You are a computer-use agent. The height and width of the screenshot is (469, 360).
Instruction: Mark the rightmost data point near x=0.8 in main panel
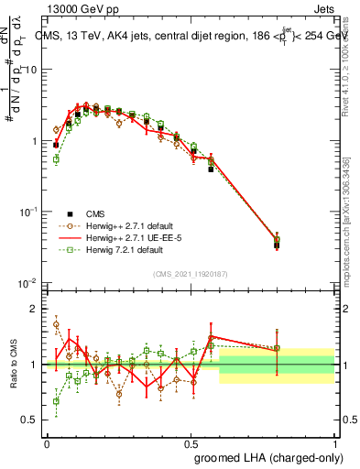coord(277,243)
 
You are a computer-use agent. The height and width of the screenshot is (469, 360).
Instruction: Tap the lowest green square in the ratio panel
coord(56,400)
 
